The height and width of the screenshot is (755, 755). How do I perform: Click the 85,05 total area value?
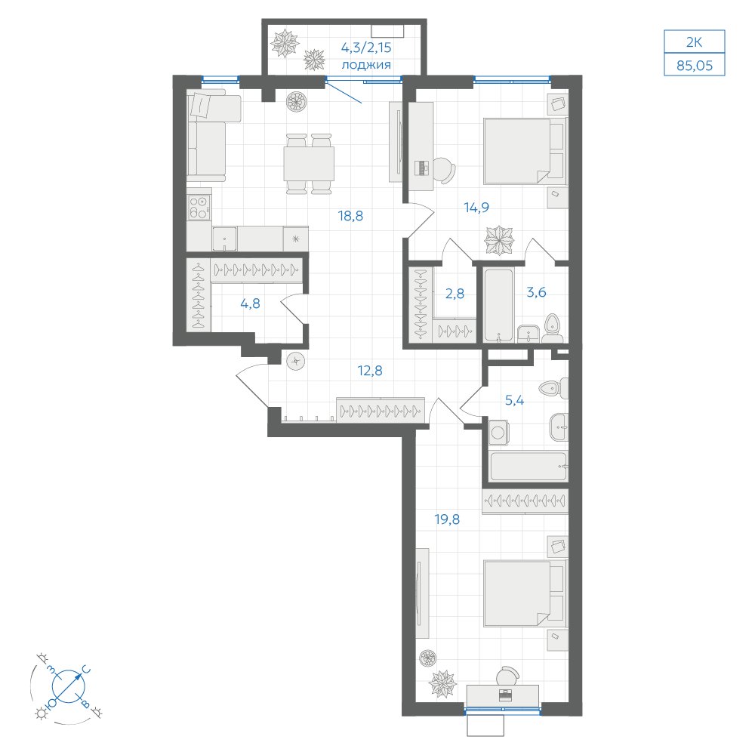(x=694, y=66)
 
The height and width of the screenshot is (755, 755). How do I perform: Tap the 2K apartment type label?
(x=694, y=42)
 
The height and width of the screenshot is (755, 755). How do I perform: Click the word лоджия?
(x=366, y=64)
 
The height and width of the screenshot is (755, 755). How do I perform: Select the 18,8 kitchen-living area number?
(x=350, y=216)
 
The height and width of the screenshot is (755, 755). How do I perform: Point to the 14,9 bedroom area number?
(x=476, y=207)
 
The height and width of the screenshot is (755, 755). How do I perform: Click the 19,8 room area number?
(x=447, y=519)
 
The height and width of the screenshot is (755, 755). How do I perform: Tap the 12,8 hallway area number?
(x=370, y=370)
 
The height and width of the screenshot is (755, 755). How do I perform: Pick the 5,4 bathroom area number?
(x=514, y=400)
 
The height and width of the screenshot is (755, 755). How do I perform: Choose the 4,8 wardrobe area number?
(x=250, y=304)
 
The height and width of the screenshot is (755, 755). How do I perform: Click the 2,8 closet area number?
(x=455, y=293)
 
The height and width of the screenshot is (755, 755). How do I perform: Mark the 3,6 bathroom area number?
(x=536, y=291)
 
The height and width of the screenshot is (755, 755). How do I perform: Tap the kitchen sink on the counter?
(x=225, y=239)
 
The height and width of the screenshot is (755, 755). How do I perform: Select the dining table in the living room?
(x=309, y=164)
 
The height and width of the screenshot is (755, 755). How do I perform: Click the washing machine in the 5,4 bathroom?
(x=498, y=433)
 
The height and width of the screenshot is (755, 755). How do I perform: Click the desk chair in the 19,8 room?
(x=508, y=676)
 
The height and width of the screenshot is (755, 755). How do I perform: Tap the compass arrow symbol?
(x=69, y=686)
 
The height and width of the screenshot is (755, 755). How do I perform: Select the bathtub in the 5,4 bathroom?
(x=528, y=466)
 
